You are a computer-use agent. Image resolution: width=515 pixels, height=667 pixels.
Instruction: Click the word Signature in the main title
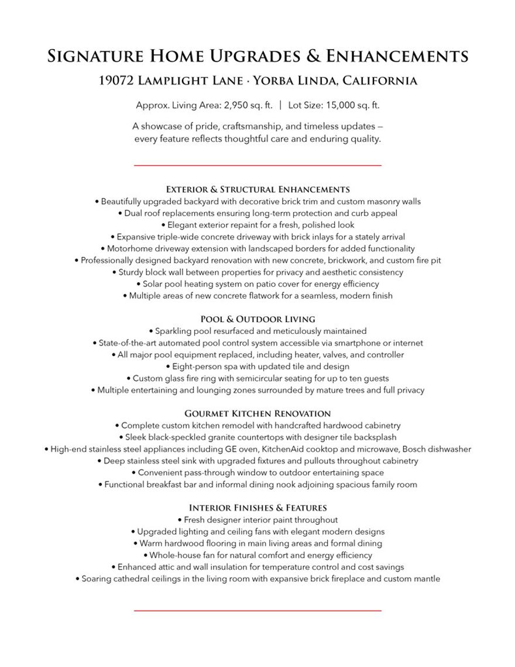(x=94, y=56)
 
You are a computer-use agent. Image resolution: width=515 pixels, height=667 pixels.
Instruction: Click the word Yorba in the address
(x=278, y=81)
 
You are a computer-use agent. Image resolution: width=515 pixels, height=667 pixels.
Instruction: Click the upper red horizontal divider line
(x=257, y=166)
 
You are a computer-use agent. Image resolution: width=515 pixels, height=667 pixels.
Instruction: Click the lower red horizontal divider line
(x=257, y=611)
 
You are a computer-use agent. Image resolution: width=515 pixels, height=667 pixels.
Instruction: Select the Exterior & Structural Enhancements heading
(x=257, y=189)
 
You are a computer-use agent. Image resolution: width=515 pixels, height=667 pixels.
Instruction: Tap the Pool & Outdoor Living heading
(x=257, y=319)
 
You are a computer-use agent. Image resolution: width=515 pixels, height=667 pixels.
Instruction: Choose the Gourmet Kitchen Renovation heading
(x=257, y=413)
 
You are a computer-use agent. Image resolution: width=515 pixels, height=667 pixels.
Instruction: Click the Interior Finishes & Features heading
(x=257, y=508)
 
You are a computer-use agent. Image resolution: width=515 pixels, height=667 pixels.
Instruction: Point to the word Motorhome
(x=131, y=248)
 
